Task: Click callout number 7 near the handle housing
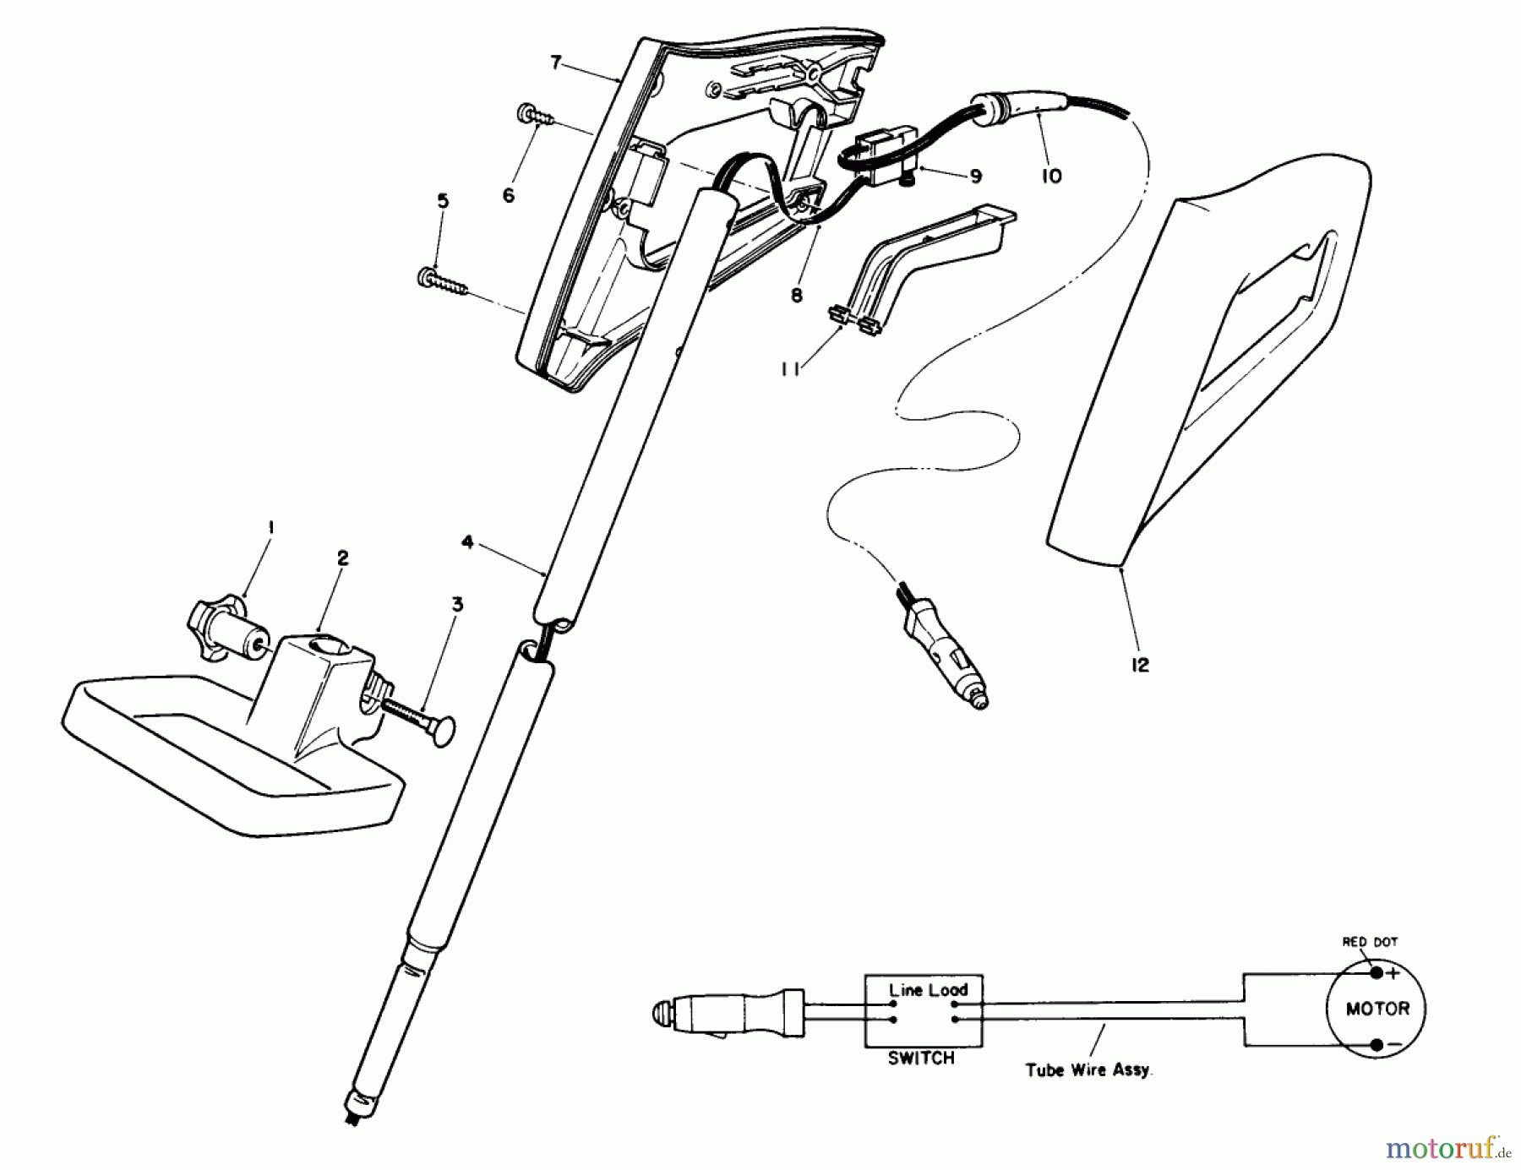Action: [x=555, y=63]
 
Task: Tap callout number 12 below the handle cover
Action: [x=1140, y=665]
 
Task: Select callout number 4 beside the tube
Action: [x=468, y=542]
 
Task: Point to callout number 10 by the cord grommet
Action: [x=1052, y=177]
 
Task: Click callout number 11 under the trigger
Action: [x=790, y=370]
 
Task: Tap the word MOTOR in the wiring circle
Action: [x=1377, y=1009]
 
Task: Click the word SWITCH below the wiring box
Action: [x=921, y=1058]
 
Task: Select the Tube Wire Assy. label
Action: [x=1089, y=1069]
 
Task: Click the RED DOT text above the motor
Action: [x=1370, y=941]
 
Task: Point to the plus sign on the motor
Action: [x=1393, y=972]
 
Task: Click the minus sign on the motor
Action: [x=1393, y=1045]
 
